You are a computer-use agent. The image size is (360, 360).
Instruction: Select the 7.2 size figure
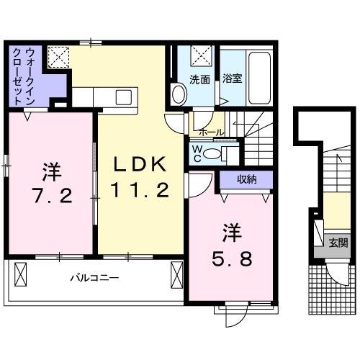coord(50,195)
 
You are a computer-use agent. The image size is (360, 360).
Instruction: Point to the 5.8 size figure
coord(231,256)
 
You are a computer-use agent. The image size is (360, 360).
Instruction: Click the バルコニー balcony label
coord(94,276)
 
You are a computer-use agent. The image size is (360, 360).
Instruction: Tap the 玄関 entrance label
coord(338,243)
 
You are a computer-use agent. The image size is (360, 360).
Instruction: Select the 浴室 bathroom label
coord(232,79)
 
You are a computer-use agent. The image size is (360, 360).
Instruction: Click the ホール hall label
coord(210,132)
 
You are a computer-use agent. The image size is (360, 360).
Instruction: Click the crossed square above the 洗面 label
coord(202,55)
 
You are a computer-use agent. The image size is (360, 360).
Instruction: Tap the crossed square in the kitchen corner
coord(58,56)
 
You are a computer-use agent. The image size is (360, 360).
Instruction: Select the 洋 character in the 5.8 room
coord(231,233)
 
